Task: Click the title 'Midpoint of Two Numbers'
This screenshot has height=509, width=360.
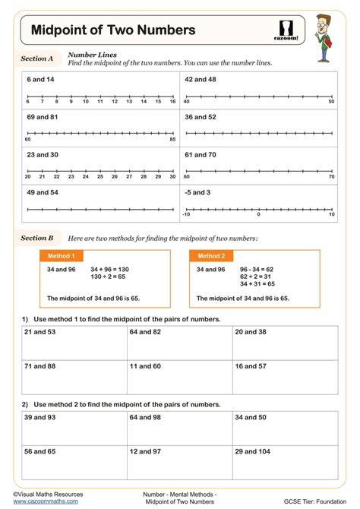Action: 112,30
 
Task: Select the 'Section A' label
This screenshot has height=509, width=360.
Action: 37,58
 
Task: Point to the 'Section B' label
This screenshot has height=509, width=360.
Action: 37,239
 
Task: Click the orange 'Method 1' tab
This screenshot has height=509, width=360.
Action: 62,256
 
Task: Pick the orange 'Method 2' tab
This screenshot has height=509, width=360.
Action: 211,256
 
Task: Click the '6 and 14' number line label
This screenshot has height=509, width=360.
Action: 40,79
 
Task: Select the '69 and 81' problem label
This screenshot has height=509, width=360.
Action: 43,117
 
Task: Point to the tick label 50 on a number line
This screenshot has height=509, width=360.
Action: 331,102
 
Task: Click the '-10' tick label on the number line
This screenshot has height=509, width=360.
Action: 185,215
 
